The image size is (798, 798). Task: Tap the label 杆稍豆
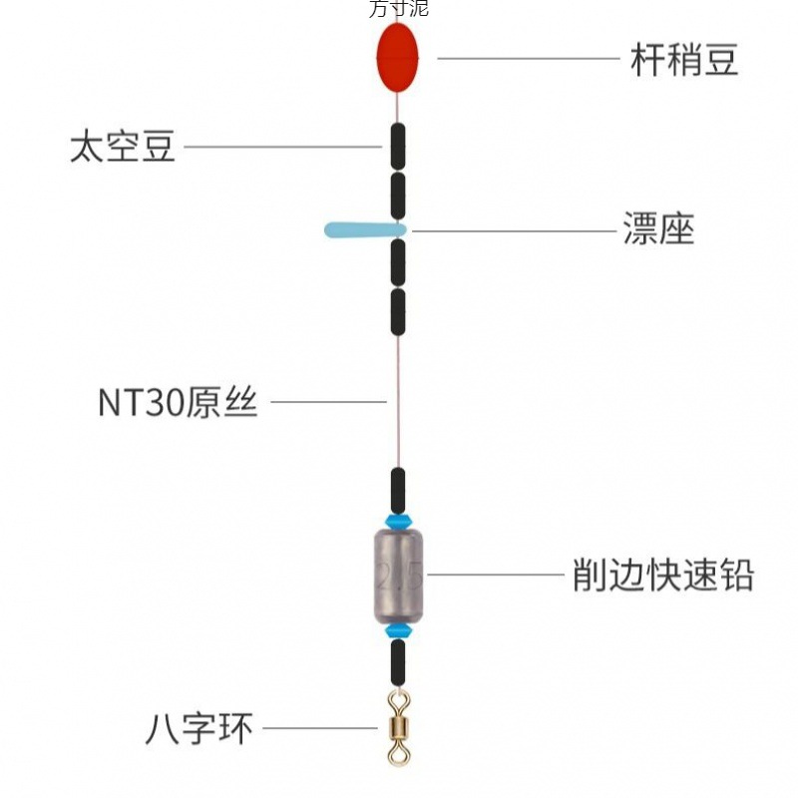coord(684,60)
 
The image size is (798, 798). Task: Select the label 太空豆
coord(123,147)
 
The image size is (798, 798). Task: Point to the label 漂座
coord(658,229)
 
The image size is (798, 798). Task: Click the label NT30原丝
coord(178,403)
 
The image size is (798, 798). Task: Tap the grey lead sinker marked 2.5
coord(398,576)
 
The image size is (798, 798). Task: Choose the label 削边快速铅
coord(662,576)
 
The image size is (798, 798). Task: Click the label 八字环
coord(199,729)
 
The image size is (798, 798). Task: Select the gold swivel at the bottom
coord(398,729)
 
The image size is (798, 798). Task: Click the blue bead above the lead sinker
coord(398,522)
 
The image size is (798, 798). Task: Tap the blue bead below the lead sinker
coord(398,631)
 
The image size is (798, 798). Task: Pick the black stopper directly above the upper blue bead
coord(398,489)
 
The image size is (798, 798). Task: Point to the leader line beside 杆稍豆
coord(528,58)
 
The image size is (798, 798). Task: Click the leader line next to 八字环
coord(319,728)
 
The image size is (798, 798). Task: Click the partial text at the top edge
coord(398,9)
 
